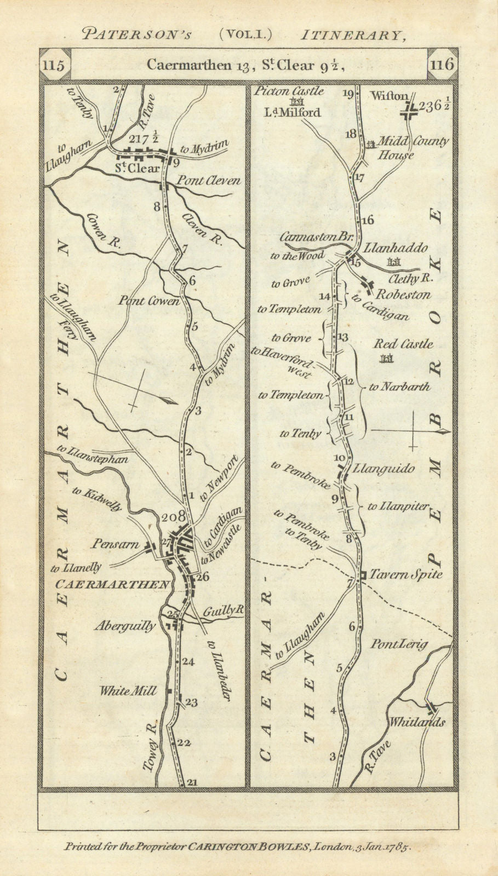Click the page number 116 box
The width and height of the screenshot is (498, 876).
tap(442, 65)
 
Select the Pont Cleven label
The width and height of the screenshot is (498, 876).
tap(208, 181)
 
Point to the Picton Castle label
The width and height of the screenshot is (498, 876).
tap(289, 91)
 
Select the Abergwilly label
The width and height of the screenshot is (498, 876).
tap(125, 626)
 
